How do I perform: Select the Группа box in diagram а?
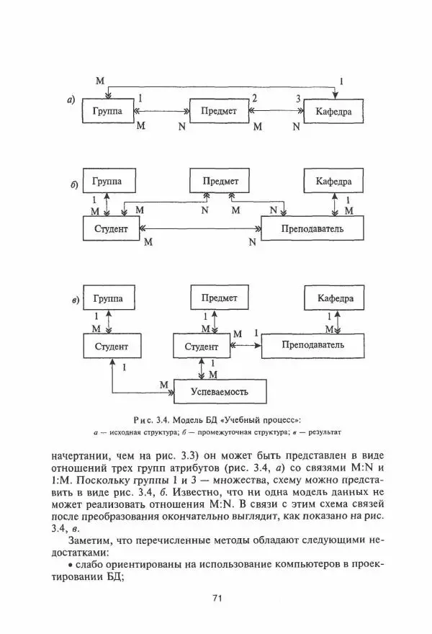click(108, 112)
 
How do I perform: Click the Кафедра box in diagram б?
click(333, 181)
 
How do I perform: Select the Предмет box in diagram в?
click(219, 298)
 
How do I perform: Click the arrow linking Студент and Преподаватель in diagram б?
click(202, 231)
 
